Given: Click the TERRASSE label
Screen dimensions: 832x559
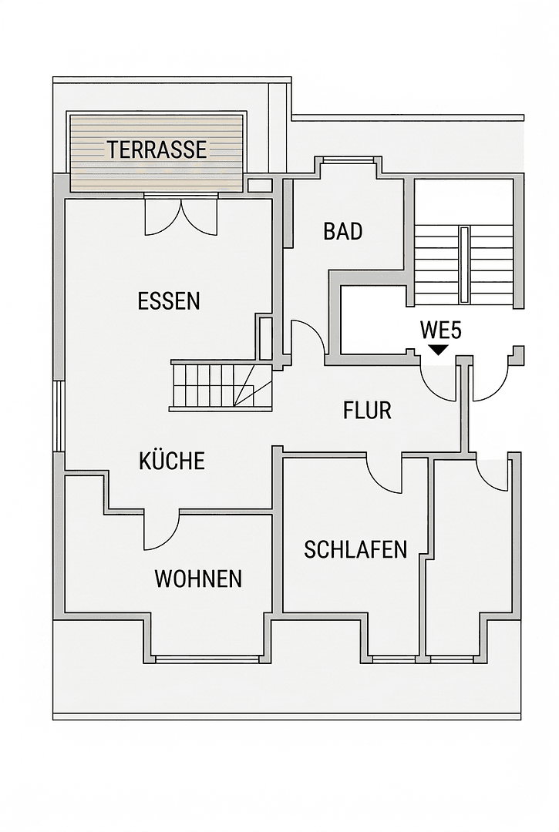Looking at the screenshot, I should [x=157, y=149].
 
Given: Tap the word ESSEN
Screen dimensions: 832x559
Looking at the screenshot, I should [x=169, y=300].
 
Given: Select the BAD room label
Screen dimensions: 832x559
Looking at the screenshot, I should [x=343, y=231].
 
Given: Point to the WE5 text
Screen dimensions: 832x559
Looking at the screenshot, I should [x=440, y=330].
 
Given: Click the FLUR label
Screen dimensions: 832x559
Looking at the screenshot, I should [x=367, y=411].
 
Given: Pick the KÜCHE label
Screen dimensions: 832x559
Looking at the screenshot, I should [x=172, y=461].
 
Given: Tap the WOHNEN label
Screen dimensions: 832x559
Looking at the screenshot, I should [x=198, y=579].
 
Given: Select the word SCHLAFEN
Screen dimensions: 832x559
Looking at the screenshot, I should [x=355, y=549].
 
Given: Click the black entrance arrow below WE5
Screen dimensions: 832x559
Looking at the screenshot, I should [x=438, y=350].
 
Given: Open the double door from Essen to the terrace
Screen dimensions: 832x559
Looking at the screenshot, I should [x=181, y=215].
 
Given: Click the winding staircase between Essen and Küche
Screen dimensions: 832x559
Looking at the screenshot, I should [x=221, y=385].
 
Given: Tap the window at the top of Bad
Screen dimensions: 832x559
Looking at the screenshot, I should [x=348, y=160].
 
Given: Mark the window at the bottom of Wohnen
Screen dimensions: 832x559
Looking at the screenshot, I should [x=207, y=659].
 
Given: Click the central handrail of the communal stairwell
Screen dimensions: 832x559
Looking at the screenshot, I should [x=463, y=264].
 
